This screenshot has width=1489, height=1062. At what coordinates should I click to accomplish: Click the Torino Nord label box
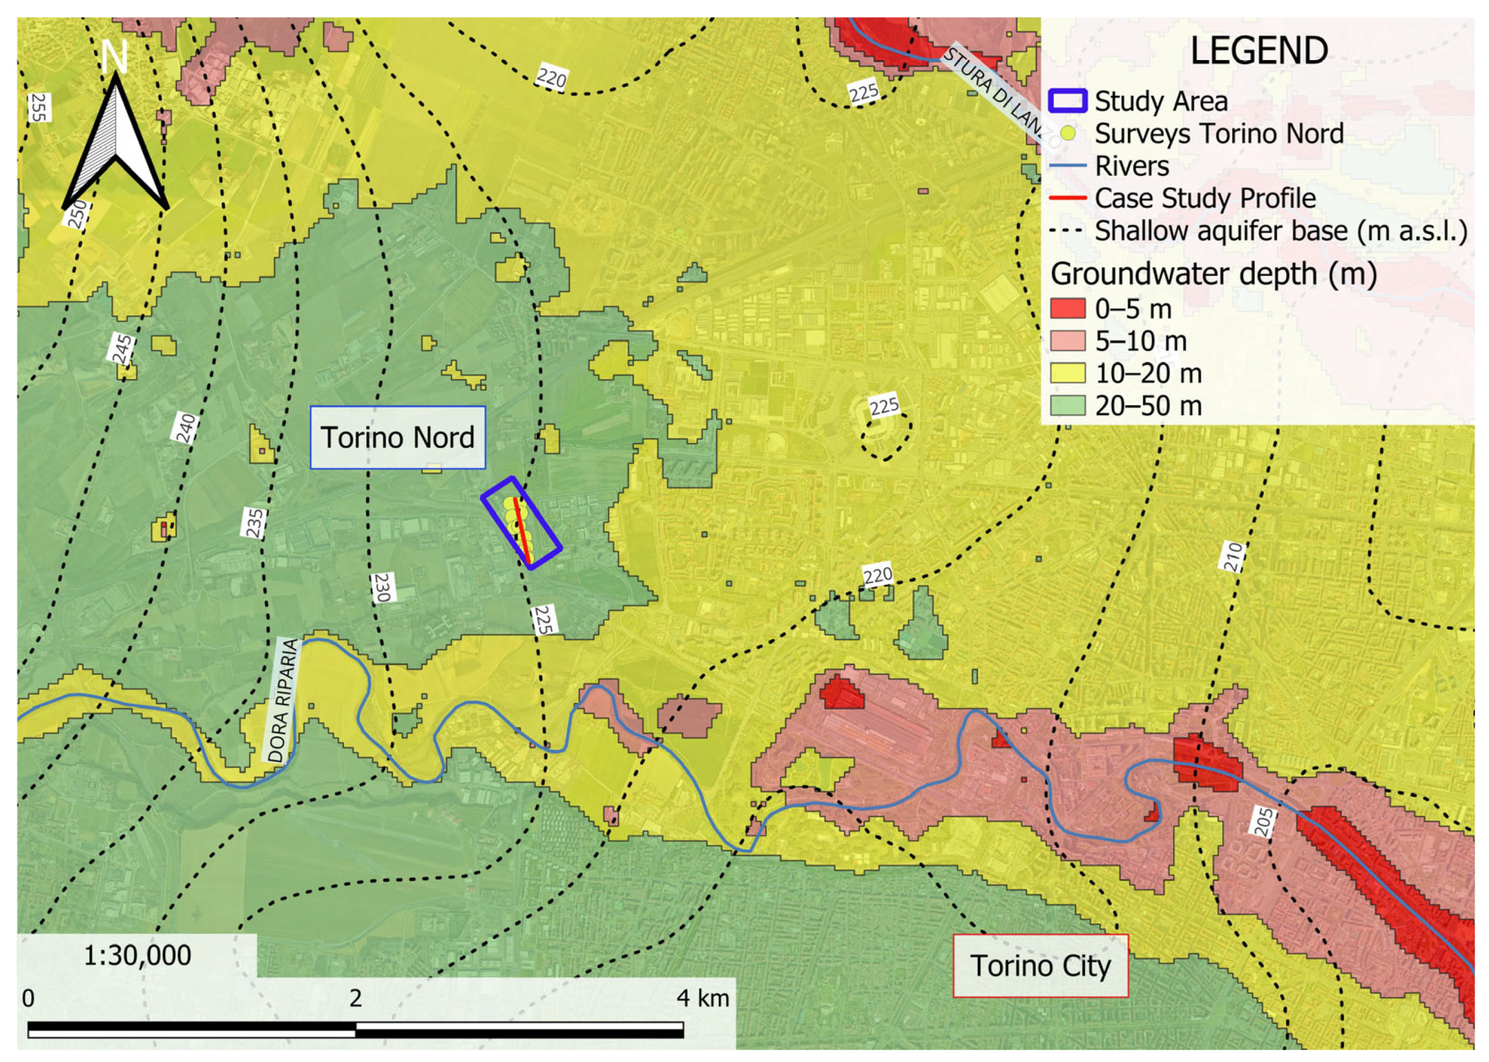click(397, 438)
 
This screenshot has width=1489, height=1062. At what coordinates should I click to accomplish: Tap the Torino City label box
click(1040, 966)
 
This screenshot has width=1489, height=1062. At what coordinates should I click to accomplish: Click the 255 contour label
click(39, 107)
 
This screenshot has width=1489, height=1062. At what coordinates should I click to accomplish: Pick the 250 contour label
click(77, 214)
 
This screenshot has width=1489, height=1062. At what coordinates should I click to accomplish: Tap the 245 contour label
click(122, 349)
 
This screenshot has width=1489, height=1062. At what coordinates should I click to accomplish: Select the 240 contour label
click(186, 429)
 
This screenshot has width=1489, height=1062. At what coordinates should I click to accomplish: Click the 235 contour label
click(254, 522)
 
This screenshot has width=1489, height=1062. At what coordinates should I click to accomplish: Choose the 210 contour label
click(1232, 556)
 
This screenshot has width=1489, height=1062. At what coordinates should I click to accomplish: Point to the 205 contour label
click(1264, 821)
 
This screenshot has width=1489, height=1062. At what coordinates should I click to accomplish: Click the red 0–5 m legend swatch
click(1067, 309)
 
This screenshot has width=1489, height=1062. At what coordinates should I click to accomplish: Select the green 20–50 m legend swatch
click(1067, 406)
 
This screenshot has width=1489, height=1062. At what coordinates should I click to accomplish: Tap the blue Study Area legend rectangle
click(1067, 100)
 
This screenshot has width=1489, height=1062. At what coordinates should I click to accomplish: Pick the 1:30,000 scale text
click(137, 955)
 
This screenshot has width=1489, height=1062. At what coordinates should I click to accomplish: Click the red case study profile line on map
click(521, 529)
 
